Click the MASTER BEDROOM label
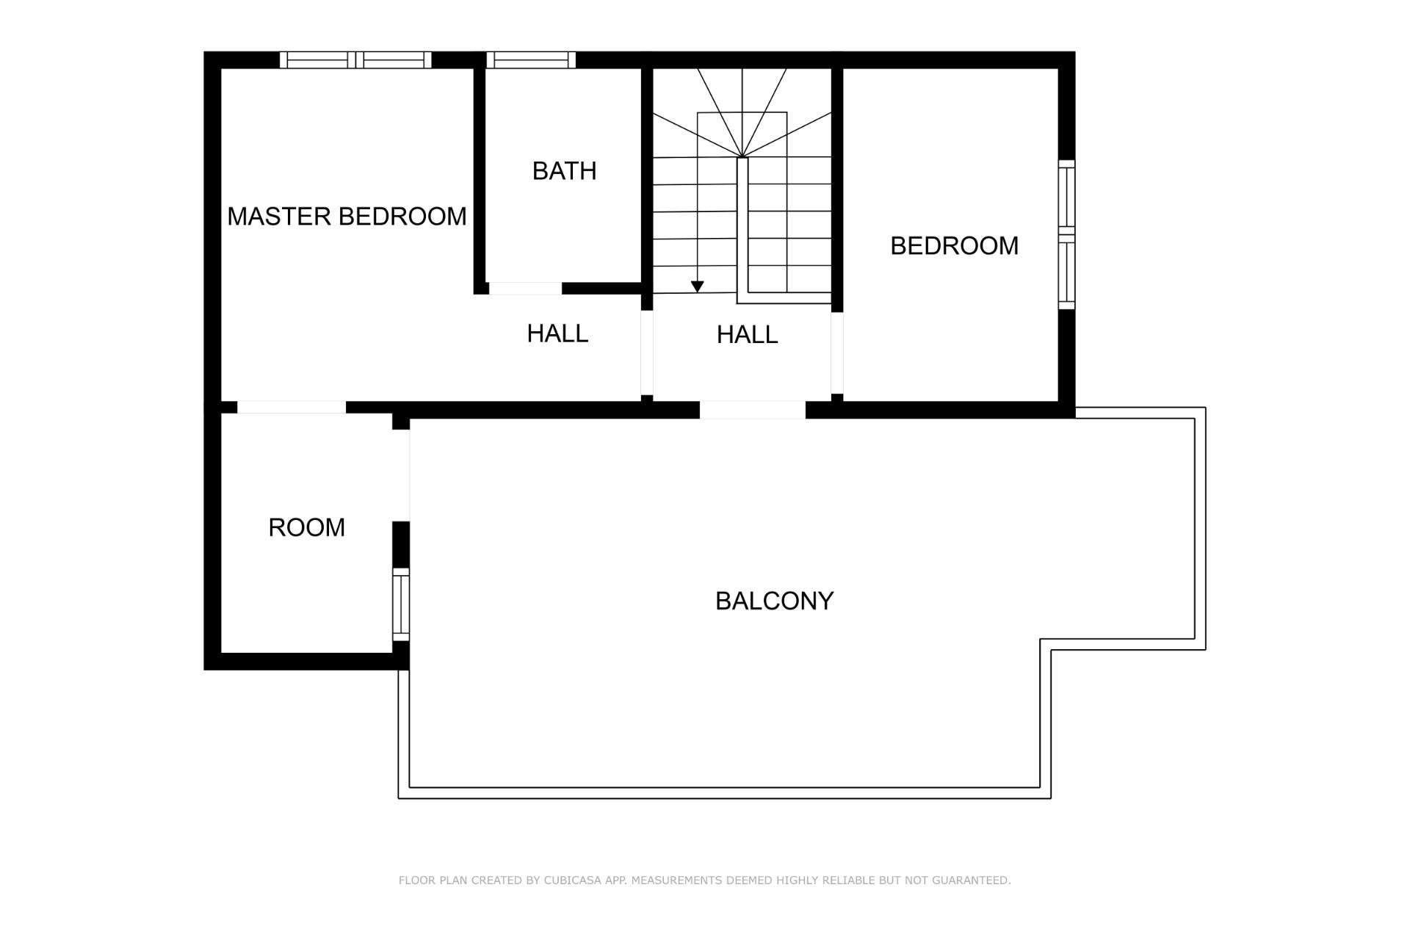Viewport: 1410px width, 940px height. click(x=347, y=217)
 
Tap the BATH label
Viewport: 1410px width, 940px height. click(x=564, y=171)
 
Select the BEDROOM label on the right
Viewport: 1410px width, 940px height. click(x=954, y=246)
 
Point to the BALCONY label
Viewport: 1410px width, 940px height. click(x=774, y=601)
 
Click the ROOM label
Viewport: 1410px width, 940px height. click(x=306, y=528)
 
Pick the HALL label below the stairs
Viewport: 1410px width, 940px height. click(x=747, y=335)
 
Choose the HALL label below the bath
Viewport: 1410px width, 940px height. click(x=557, y=334)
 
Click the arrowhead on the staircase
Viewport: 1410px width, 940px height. click(x=698, y=286)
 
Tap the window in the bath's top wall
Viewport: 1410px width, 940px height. click(x=531, y=60)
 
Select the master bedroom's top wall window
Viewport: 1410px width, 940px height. click(x=355, y=60)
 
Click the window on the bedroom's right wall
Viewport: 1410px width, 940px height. click(x=1066, y=235)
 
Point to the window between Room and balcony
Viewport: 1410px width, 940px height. click(x=401, y=604)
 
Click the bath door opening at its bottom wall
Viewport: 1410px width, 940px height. click(x=526, y=289)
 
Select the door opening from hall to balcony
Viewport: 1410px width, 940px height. click(x=753, y=410)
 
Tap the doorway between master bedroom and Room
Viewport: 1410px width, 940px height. click(x=292, y=408)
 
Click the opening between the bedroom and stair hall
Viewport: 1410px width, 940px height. click(x=837, y=353)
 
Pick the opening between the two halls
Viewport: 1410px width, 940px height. click(x=647, y=353)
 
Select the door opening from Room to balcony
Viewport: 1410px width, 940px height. click(x=401, y=476)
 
